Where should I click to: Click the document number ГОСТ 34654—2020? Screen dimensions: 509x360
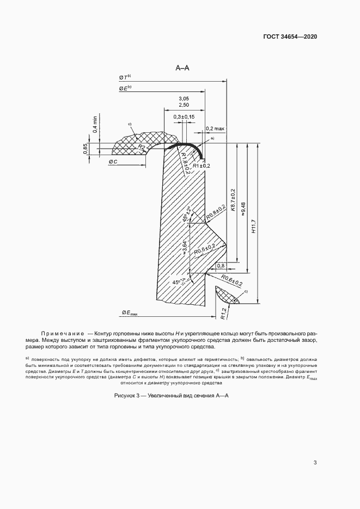(x=290, y=36)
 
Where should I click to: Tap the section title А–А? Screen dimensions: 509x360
(x=182, y=68)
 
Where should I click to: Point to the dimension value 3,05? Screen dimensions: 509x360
(x=184, y=98)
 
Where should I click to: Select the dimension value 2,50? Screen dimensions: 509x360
(x=184, y=105)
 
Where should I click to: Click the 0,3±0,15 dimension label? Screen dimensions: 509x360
(x=185, y=117)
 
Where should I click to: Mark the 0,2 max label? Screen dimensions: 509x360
(x=215, y=129)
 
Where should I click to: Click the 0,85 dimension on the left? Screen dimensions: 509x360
(x=86, y=149)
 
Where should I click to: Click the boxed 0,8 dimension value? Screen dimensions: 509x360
(x=221, y=266)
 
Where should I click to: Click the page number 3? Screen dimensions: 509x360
(x=315, y=463)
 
